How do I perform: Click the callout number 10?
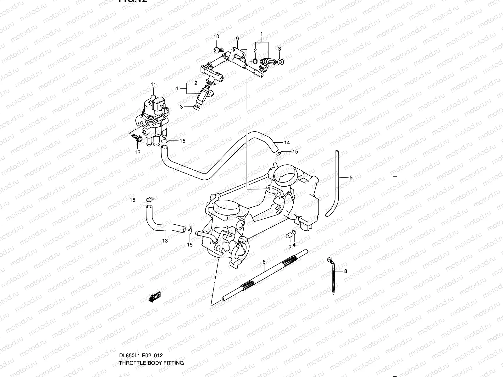[216, 37]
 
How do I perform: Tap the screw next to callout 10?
[218, 50]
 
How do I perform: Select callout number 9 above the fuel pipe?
[237, 39]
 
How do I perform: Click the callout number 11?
[153, 84]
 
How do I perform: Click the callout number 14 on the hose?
[287, 143]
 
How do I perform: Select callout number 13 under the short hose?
[165, 241]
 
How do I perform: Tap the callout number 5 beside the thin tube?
[351, 178]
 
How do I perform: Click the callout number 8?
[345, 271]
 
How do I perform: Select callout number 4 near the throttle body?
[294, 245]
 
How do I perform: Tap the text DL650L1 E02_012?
[141, 356]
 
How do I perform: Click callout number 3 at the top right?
[279, 49]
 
